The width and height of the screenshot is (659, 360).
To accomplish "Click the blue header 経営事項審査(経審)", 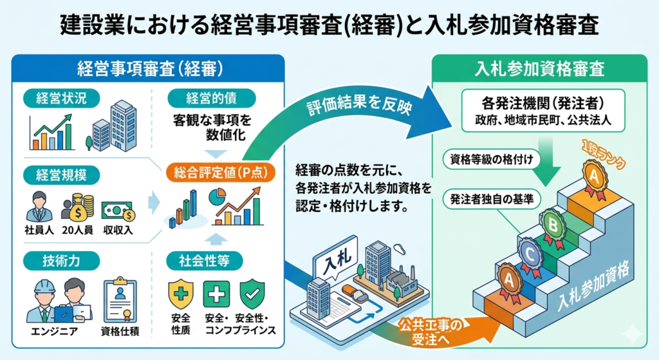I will click(149, 67).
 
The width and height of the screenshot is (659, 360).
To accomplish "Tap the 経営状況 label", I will click(62, 99).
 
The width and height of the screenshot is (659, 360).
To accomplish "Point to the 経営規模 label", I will click(62, 175).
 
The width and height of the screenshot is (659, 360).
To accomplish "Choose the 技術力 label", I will click(62, 260).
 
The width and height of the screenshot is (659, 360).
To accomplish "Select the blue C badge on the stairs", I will click(528, 253).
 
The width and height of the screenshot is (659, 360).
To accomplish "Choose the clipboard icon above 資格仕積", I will click(120, 298).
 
